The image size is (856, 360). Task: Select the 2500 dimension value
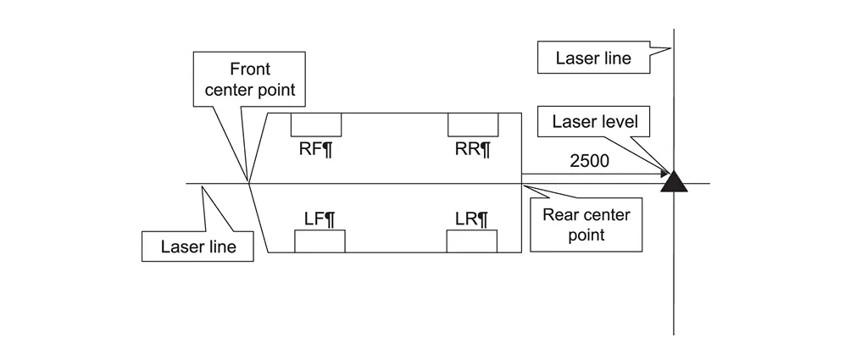click(x=589, y=161)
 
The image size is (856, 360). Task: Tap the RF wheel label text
click(x=315, y=150)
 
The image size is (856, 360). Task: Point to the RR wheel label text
click(x=473, y=150)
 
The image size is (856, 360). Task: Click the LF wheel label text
click(x=320, y=219)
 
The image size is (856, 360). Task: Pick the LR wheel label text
click(x=472, y=219)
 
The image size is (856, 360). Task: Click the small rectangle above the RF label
click(x=316, y=125)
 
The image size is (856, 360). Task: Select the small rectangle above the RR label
click(x=473, y=125)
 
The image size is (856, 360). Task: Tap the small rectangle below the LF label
click(x=320, y=241)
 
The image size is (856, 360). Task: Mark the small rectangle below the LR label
click(x=472, y=241)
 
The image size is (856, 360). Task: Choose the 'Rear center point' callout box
click(x=586, y=224)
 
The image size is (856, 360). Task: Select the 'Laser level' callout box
click(x=594, y=122)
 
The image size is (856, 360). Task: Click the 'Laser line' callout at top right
click(x=593, y=58)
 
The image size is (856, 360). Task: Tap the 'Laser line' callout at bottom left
click(x=197, y=247)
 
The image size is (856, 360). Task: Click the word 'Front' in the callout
click(x=250, y=69)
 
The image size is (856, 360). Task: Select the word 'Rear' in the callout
click(x=560, y=215)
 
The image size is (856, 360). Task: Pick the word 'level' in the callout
click(x=619, y=122)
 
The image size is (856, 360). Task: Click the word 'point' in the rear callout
click(x=586, y=235)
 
